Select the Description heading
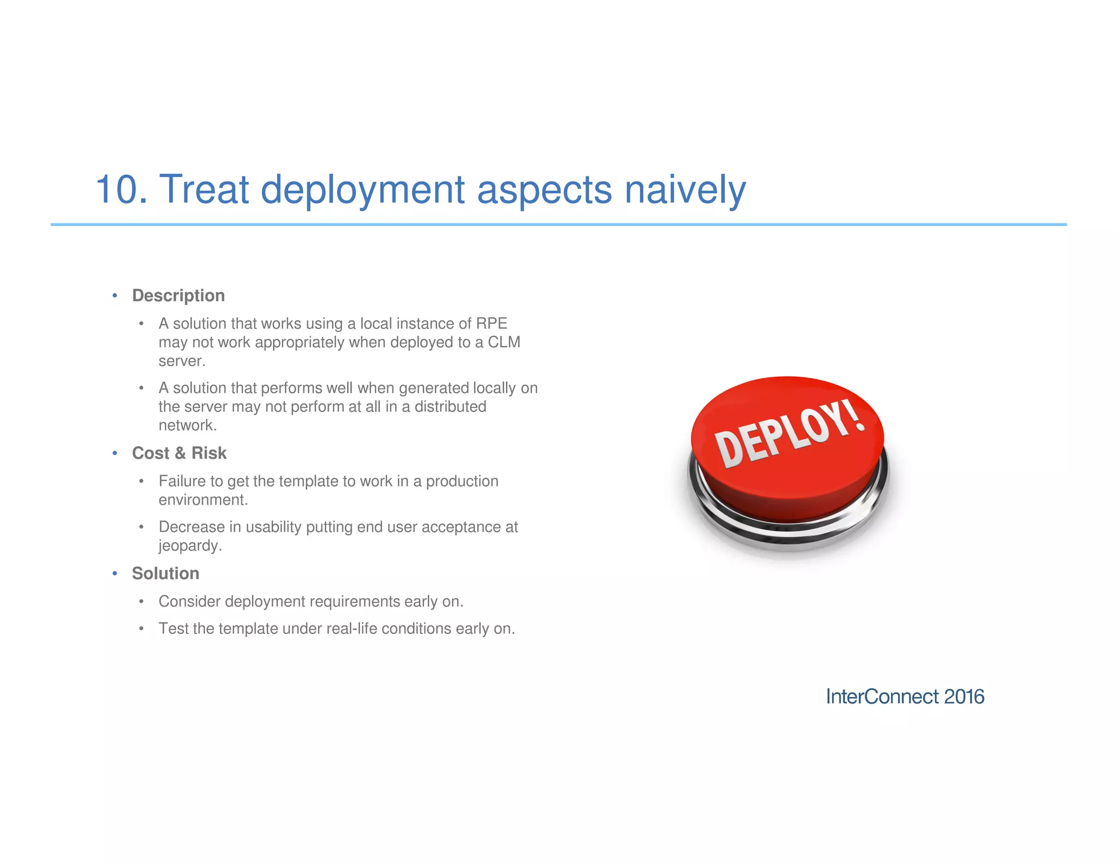tap(179, 295)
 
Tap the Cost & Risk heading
tap(179, 453)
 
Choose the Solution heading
tap(165, 573)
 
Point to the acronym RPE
tap(491, 323)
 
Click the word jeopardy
tap(189, 546)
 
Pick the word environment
tap(203, 500)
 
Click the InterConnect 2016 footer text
tap(905, 696)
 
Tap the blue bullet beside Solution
tap(115, 573)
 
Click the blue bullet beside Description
tap(115, 295)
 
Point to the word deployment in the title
tap(362, 190)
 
